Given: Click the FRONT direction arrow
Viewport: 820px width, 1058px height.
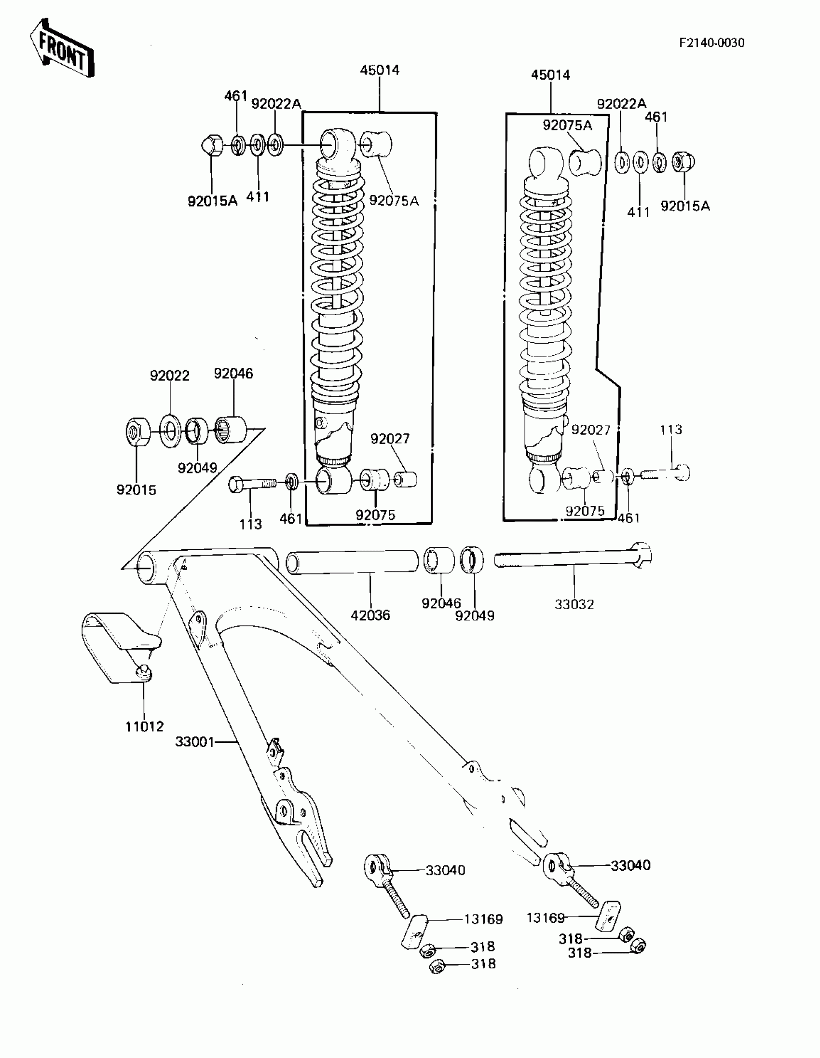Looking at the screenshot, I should (61, 48).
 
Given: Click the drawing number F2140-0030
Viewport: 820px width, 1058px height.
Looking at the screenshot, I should (711, 42).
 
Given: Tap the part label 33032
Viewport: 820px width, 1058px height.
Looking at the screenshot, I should (574, 604).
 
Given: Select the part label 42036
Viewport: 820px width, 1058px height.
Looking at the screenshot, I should (370, 615).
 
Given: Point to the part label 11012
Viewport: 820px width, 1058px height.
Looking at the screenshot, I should (144, 726).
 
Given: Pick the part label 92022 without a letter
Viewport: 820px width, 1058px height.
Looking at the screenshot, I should (169, 376).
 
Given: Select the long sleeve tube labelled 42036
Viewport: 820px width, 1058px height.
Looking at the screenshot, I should (353, 562).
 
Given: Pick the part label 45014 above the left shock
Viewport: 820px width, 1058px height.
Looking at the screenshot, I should (380, 70).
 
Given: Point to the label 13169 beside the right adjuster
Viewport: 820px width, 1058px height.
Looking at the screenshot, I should (546, 918).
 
